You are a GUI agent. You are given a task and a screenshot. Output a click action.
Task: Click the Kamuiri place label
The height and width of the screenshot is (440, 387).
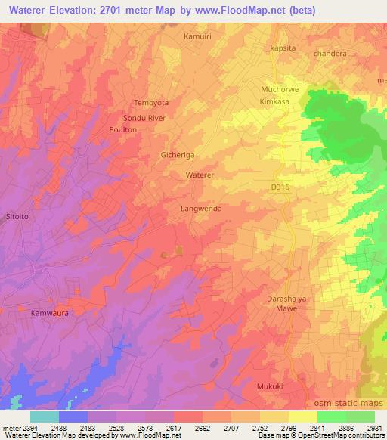[x=197, y=36]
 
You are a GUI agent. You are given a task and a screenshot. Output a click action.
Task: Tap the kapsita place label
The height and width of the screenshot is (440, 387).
[x=282, y=48]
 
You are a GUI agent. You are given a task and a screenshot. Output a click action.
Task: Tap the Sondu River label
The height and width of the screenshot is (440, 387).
[x=144, y=119]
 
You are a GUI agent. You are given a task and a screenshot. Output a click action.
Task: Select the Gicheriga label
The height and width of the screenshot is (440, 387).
[x=178, y=155]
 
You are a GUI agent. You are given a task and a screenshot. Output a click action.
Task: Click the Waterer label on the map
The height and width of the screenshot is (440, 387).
[x=201, y=175]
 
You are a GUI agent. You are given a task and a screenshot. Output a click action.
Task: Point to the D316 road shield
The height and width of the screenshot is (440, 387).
[x=280, y=186]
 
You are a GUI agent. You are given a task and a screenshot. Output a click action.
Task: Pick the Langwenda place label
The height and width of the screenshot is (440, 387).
[x=201, y=207]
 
